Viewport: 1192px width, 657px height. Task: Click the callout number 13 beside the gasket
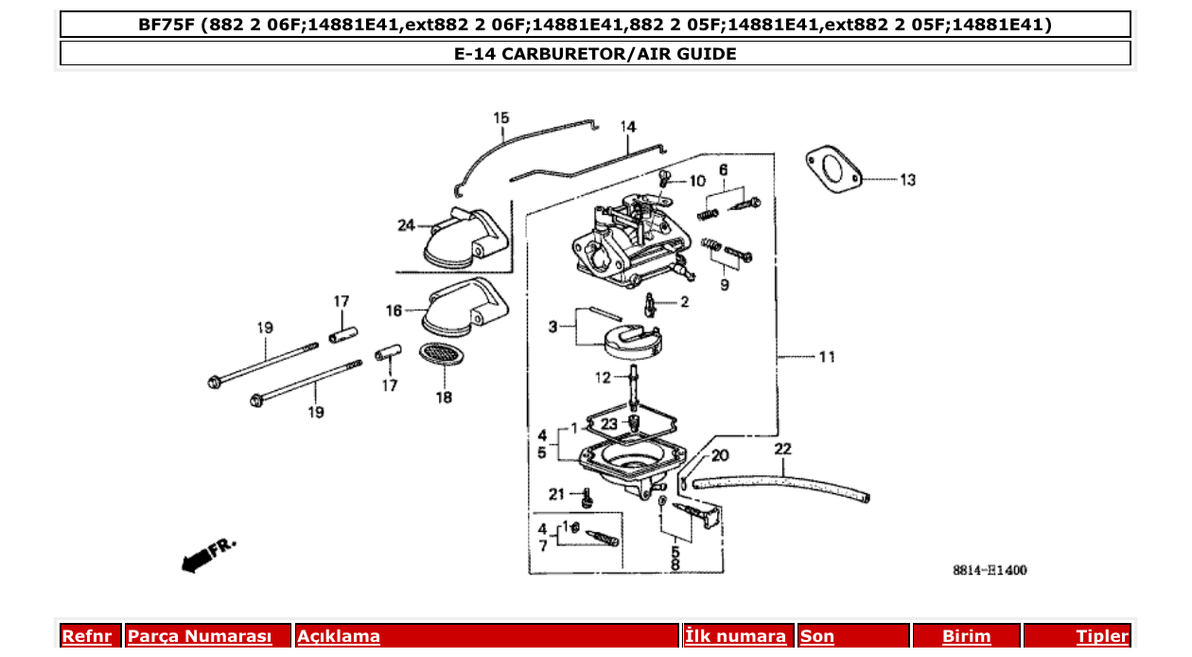click(x=907, y=180)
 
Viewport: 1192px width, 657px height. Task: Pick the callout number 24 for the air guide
click(x=407, y=225)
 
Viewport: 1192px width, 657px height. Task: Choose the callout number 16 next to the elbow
click(x=394, y=310)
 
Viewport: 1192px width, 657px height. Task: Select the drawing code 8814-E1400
click(x=989, y=571)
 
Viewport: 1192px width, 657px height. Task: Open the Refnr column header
click(x=87, y=636)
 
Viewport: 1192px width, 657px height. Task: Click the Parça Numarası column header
click(x=200, y=636)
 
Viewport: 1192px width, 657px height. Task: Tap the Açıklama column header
click(x=339, y=636)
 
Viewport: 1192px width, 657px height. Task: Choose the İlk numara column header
click(x=735, y=636)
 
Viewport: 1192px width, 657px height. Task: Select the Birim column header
click(x=966, y=636)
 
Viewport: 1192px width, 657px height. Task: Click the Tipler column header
click(x=1101, y=636)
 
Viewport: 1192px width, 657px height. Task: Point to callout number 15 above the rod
click(x=500, y=117)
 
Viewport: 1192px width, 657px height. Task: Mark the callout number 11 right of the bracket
click(x=827, y=357)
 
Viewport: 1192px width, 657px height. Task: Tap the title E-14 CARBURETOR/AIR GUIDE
click(x=595, y=54)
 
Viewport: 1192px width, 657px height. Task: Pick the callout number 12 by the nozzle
click(x=604, y=378)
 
